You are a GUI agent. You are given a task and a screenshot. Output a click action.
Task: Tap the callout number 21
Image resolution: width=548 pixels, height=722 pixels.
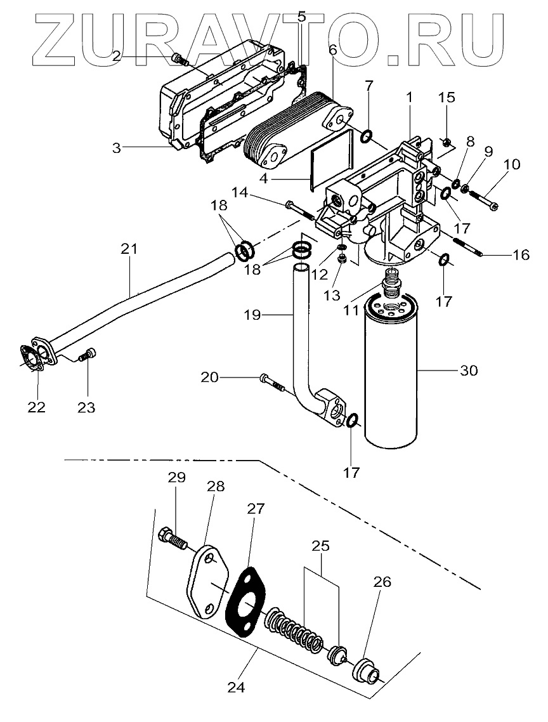pyautogui.click(x=129, y=249)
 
